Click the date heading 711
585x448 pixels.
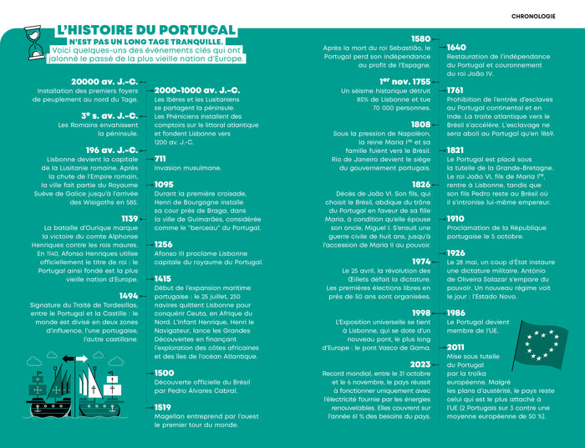coord(160,158)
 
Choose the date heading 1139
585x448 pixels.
coord(130,218)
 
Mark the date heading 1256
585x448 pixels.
coord(164,244)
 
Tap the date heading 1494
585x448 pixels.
coord(129,296)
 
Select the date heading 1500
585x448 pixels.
coord(164,373)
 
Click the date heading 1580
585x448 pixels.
coord(421,38)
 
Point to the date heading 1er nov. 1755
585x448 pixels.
coord(405,81)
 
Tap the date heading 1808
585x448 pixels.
coord(421,125)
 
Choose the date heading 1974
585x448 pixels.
coord(421,262)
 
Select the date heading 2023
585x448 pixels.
coord(420,364)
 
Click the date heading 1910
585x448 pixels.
coord(455,219)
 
